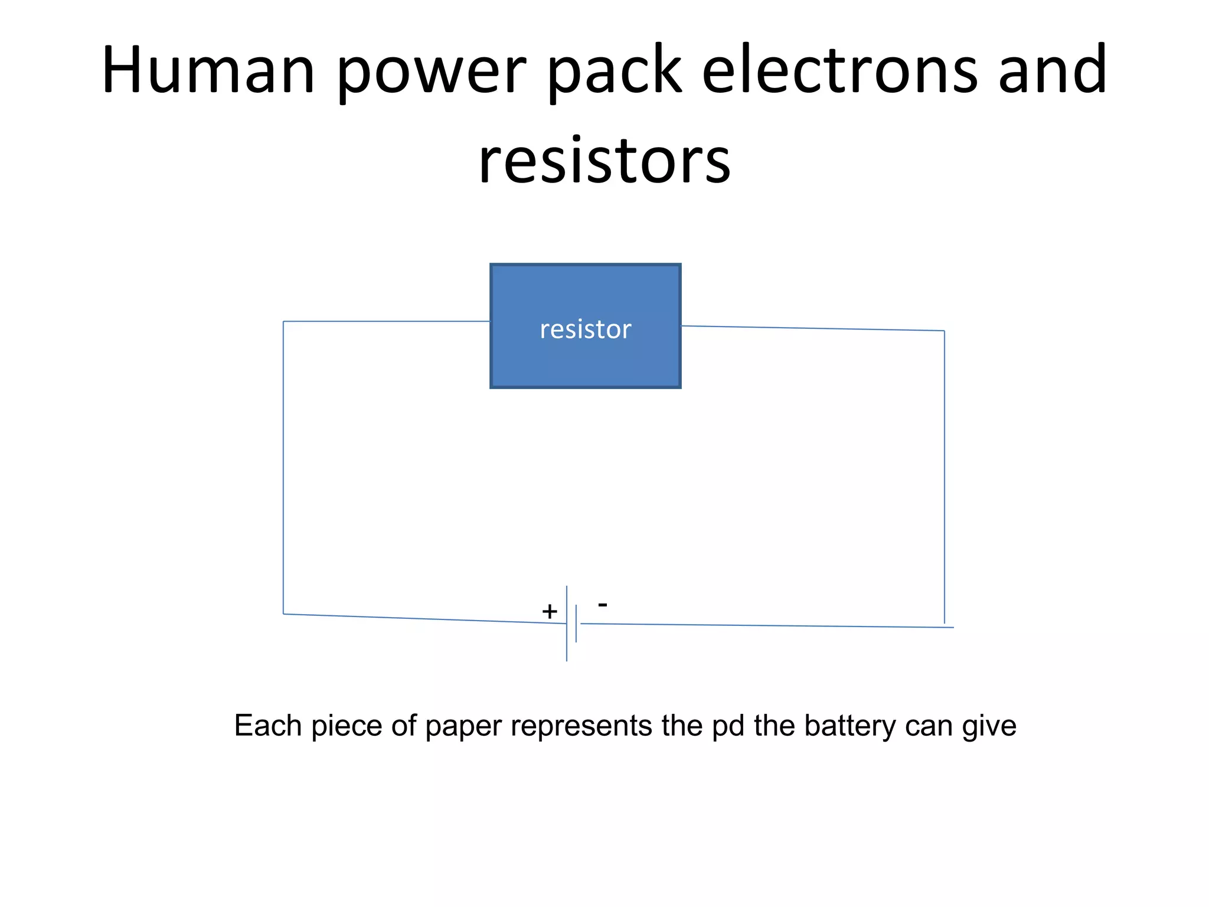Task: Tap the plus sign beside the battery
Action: click(x=550, y=612)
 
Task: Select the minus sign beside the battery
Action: click(x=603, y=604)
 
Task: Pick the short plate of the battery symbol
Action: click(x=576, y=632)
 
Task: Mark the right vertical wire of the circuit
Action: click(x=945, y=472)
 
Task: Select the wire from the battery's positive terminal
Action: click(x=425, y=618)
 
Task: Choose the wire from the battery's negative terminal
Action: click(x=767, y=625)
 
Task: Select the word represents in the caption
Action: click(x=581, y=726)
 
